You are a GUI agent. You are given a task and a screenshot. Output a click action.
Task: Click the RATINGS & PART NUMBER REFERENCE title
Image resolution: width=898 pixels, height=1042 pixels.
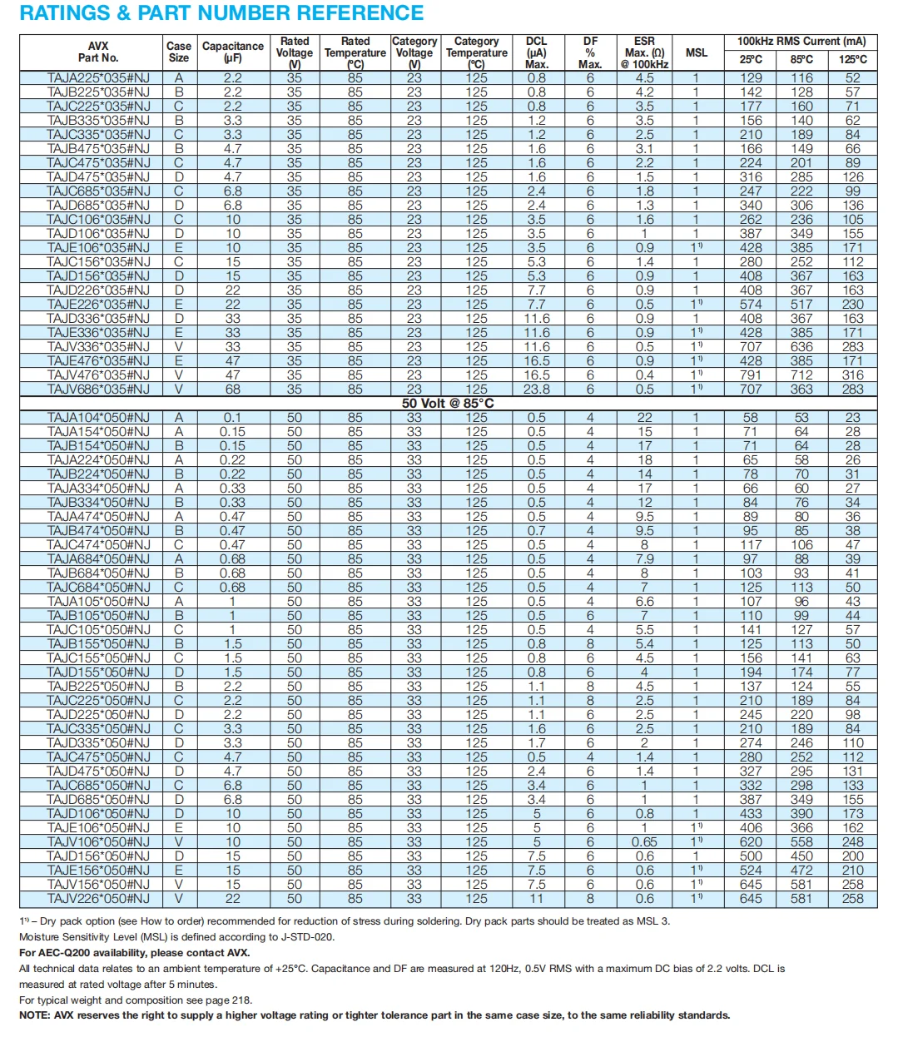[221, 13]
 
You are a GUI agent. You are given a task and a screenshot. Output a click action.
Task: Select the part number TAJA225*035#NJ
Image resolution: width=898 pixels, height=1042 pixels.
[98, 78]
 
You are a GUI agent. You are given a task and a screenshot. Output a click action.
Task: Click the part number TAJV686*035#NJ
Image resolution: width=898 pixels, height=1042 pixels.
[98, 390]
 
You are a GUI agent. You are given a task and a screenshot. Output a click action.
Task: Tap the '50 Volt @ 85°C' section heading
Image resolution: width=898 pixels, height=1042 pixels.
[448, 404]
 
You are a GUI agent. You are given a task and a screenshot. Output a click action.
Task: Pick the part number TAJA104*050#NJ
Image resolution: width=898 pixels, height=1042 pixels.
[98, 418]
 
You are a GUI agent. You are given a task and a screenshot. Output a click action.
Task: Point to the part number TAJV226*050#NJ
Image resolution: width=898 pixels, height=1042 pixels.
[98, 899]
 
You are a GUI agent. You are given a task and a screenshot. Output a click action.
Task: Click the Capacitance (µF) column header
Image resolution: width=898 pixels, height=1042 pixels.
[233, 52]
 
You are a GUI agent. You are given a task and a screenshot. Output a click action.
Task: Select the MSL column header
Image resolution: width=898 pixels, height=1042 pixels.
[697, 52]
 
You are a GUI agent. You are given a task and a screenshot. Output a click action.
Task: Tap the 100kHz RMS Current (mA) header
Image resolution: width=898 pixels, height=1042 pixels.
[801, 42]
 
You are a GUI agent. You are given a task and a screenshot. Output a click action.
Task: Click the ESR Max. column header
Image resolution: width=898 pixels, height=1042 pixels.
[644, 52]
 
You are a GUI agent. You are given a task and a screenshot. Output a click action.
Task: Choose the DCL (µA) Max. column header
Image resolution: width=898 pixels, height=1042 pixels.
[537, 52]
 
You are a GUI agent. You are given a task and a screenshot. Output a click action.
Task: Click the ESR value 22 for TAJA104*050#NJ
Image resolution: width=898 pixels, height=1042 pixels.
[644, 418]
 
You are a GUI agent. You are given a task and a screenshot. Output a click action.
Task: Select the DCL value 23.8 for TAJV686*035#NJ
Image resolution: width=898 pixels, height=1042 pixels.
[537, 390]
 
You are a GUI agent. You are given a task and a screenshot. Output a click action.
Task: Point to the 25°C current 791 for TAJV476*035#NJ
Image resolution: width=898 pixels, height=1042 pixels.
[751, 375]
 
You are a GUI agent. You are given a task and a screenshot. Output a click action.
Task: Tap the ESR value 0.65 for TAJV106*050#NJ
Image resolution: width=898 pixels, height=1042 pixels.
[644, 842]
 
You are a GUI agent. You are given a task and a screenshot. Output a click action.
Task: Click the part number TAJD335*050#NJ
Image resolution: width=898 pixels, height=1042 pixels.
[98, 743]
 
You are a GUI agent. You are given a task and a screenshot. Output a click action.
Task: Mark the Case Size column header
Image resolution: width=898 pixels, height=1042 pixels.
[179, 52]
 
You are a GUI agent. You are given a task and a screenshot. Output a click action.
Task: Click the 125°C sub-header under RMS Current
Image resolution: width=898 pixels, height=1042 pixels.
[853, 60]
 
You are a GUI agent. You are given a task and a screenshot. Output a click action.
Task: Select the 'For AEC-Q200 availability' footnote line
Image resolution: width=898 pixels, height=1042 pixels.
[135, 953]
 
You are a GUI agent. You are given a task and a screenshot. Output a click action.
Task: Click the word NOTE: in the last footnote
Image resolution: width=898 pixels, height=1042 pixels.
[35, 1015]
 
